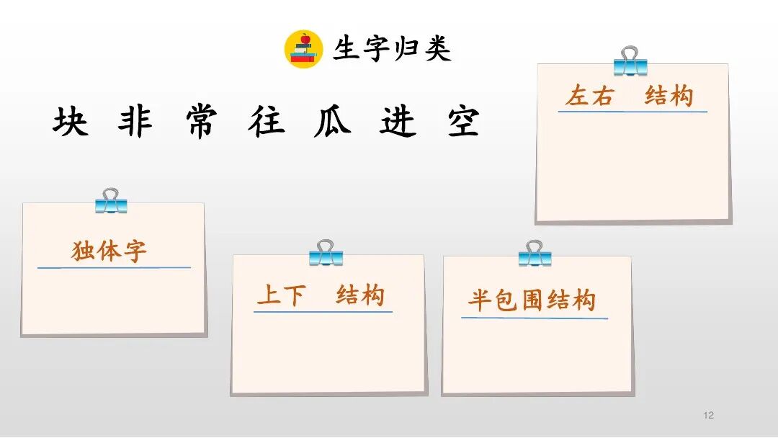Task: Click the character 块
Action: point(70,122)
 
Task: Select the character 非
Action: point(135,122)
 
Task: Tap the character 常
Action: point(200,122)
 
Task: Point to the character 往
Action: point(266,122)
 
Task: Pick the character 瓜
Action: point(332,122)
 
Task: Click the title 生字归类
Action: point(392,49)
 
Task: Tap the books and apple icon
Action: point(303,48)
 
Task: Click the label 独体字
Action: point(109,251)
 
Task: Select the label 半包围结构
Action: point(532,300)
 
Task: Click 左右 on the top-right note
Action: point(589,96)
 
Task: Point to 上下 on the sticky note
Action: point(281,295)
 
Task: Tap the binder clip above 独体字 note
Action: point(111,201)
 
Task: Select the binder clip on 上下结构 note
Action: point(326,253)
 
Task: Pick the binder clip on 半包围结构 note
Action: point(535,254)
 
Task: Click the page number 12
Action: point(708,415)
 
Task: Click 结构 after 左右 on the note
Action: point(669,95)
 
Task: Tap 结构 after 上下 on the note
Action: point(360,295)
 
